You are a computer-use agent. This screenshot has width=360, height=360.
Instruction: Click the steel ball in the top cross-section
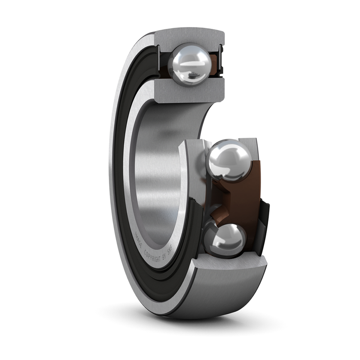coord(189,64)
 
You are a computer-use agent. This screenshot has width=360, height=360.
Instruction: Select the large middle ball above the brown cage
coord(229,160)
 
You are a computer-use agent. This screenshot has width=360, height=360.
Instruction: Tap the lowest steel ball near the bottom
coord(225,240)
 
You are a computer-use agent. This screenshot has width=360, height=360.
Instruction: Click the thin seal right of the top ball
coord(221,58)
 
